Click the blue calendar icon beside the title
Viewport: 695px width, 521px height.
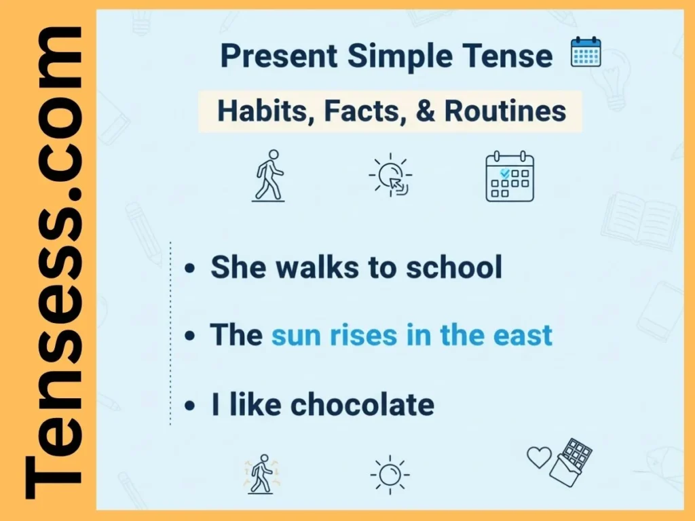coord(586,53)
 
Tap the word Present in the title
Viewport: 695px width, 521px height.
coord(279,56)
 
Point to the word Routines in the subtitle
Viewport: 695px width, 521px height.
coord(506,111)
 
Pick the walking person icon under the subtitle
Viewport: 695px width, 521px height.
coord(268,176)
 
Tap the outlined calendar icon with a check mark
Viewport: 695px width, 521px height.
coord(510,178)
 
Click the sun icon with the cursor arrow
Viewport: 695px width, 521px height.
coord(390,176)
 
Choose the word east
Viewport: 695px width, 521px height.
coord(523,336)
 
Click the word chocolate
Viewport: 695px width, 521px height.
coord(362,405)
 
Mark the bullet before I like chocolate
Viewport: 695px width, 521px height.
coord(191,406)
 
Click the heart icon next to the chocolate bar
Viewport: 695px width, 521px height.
coord(540,457)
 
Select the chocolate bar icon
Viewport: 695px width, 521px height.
coord(571,462)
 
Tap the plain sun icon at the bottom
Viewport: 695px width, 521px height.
coord(390,474)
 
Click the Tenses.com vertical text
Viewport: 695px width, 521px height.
coord(53,261)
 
